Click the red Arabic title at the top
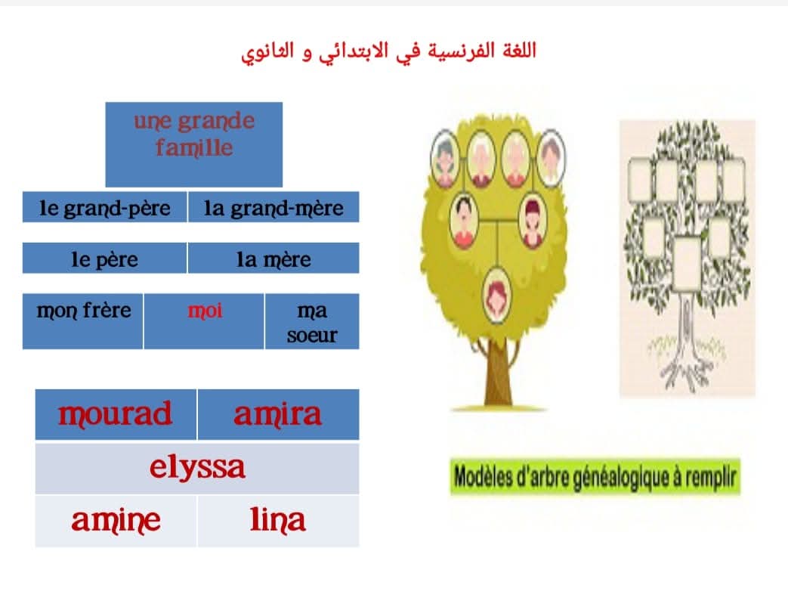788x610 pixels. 388,52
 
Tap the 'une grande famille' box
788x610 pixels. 194,144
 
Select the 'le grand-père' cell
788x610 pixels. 104,206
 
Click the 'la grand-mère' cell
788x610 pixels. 273,206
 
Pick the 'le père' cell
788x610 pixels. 104,258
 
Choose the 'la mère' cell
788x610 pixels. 273,258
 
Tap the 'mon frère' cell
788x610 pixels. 83,321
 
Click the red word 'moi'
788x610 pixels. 205,310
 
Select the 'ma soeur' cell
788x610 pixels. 312,321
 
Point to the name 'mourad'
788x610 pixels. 115,414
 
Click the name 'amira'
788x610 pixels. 277,414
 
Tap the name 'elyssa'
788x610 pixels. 197,468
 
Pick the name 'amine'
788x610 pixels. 116,521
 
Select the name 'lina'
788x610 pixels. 278,519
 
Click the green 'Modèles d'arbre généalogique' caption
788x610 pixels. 595,476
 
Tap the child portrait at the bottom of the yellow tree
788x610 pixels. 497,295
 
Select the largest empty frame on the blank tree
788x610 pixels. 688,264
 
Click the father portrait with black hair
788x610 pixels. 465,221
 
